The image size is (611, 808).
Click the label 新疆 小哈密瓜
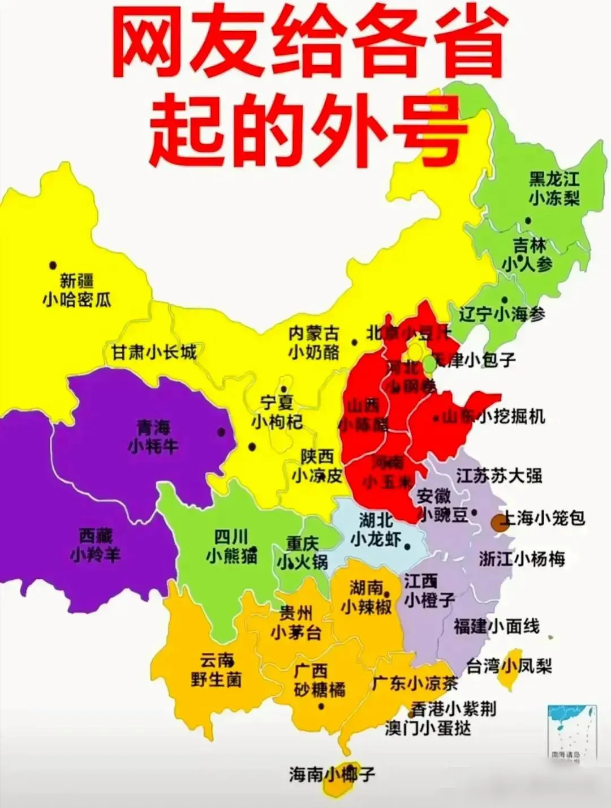tap(77, 290)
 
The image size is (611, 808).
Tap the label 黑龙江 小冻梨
tap(554, 189)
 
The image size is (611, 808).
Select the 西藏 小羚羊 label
tap(96, 545)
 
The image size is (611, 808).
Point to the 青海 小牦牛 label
tap(153, 436)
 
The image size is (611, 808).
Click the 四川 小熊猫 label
tap(231, 546)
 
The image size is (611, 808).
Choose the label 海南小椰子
tap(332, 774)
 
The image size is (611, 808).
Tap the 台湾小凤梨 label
tap(509, 665)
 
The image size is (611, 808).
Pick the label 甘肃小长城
tap(153, 352)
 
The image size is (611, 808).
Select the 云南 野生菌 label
tap(216, 670)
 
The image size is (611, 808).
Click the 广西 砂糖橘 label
tap(319, 680)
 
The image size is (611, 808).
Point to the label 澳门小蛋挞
tap(428, 728)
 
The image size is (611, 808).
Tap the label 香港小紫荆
tap(453, 708)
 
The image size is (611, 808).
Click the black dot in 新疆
tap(53, 265)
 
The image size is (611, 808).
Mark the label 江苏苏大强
tap(499, 475)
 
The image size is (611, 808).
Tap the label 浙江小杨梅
tap(522, 559)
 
